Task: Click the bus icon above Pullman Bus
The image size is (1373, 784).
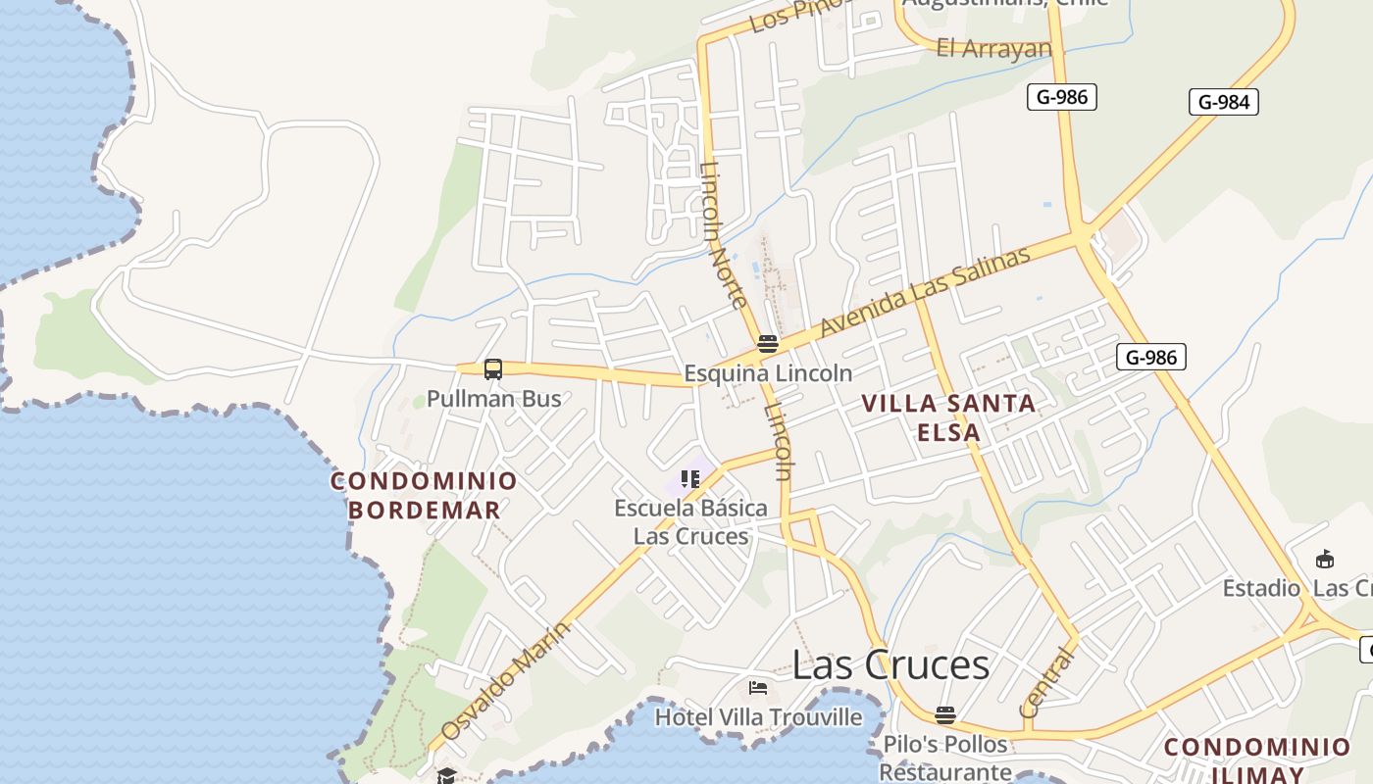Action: tap(493, 369)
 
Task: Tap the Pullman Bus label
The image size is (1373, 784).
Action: tap(494, 399)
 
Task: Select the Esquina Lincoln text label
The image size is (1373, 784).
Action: tap(768, 373)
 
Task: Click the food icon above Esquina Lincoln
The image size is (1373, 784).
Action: tap(768, 344)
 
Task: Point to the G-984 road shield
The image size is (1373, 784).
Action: tap(1223, 102)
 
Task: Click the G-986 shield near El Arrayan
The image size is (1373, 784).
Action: tap(1061, 97)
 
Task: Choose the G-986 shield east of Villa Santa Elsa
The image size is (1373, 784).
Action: tap(1150, 357)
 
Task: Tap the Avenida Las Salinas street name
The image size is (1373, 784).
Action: tap(925, 291)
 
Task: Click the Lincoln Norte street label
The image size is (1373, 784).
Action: tap(725, 235)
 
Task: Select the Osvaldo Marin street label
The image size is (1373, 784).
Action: tap(504, 681)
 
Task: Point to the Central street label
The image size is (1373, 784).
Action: tap(1046, 682)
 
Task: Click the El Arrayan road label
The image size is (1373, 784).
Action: tap(993, 48)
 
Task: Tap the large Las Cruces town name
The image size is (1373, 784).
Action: tap(890, 664)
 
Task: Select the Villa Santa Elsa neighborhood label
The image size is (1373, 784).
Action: tap(948, 417)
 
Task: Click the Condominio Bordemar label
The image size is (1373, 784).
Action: tap(424, 495)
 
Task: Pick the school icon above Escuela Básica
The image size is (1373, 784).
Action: tap(690, 479)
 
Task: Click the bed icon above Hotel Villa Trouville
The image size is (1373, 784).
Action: tap(757, 687)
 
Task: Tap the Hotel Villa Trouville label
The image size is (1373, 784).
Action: tap(758, 717)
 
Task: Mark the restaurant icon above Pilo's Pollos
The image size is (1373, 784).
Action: tap(944, 714)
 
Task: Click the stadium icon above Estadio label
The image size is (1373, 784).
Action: tap(1325, 560)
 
